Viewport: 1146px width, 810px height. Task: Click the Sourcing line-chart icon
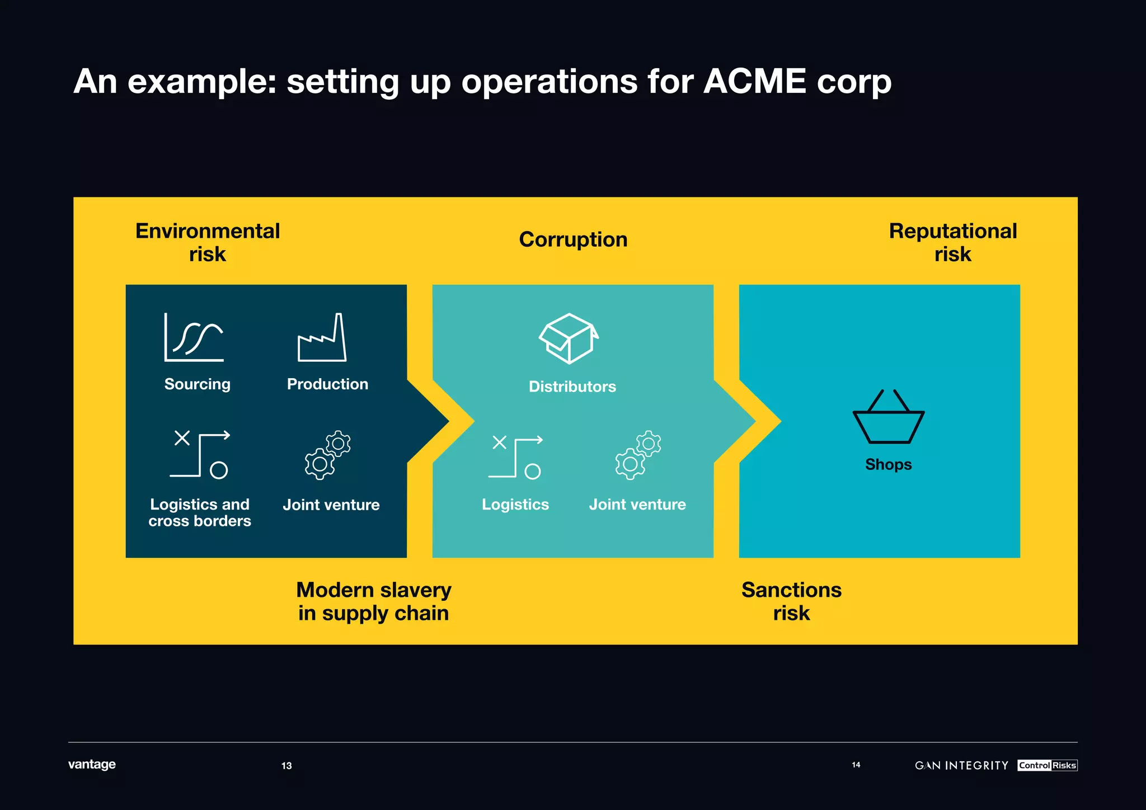(194, 337)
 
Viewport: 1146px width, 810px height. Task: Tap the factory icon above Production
(322, 338)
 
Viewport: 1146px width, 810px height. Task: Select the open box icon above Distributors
(569, 338)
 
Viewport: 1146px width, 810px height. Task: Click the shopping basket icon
(888, 417)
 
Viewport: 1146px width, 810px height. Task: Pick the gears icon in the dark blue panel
(328, 455)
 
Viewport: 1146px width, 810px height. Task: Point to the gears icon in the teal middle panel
(638, 455)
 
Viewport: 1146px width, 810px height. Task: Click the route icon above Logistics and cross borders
(200, 454)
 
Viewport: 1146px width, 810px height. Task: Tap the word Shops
(888, 464)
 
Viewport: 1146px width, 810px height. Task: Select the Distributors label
(572, 387)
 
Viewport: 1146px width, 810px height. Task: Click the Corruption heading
(573, 239)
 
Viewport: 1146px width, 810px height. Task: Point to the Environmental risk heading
(208, 242)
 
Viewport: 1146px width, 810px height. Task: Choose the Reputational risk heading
(952, 242)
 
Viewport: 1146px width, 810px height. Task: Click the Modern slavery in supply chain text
(373, 601)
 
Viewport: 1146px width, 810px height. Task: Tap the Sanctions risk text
(791, 601)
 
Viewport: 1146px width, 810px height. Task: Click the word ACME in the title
(754, 82)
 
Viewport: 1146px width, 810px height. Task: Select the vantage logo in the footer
(92, 764)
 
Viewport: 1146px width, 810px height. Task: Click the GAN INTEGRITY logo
(961, 765)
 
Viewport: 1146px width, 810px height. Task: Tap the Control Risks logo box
(1047, 765)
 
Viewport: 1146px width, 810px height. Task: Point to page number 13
(286, 766)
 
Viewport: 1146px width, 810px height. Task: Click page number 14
(856, 765)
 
